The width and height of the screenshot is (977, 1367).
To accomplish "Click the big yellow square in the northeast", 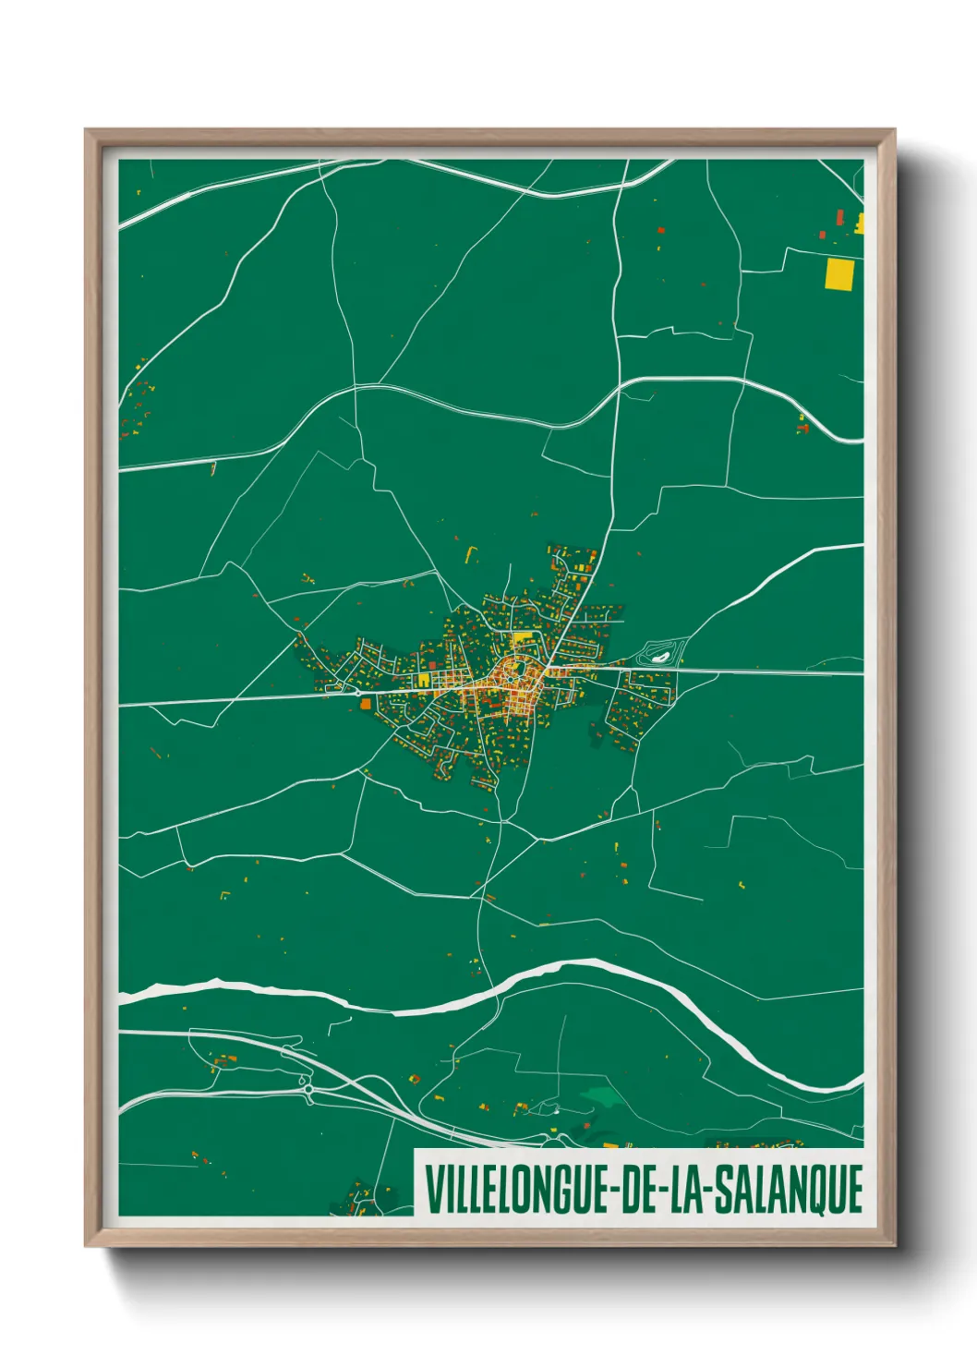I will (x=838, y=273).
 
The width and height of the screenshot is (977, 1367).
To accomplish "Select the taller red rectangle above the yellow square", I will (x=839, y=217).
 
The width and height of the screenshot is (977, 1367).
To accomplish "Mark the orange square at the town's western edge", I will (x=366, y=704).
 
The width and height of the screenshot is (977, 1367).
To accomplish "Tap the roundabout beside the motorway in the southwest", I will (x=308, y=1091).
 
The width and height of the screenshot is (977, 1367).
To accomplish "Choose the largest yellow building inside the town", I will (x=523, y=637).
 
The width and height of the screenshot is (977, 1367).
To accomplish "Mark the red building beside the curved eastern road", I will (x=802, y=427).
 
